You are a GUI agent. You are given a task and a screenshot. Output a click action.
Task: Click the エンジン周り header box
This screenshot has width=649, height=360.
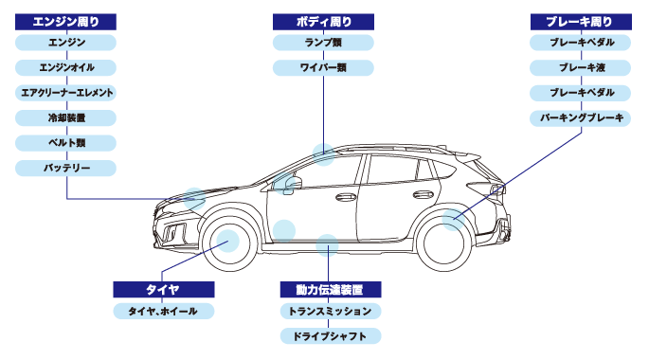65,22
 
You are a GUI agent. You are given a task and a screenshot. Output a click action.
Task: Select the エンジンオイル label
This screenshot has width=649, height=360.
65,68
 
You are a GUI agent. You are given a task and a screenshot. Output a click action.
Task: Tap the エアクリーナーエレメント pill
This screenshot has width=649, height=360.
65,93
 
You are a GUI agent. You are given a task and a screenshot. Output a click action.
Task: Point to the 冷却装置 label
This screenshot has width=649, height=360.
65,117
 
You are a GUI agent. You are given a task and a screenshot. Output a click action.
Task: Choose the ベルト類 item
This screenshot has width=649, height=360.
65,143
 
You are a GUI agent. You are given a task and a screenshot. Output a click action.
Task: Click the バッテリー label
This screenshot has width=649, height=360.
65,169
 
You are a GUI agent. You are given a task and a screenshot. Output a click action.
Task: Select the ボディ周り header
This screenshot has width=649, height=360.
323,22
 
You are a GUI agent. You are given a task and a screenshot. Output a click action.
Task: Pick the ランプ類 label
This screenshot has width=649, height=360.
323,43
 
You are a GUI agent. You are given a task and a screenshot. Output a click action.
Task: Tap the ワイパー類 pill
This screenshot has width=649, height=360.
323,68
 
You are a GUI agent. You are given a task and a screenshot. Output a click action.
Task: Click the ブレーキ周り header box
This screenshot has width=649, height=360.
581,22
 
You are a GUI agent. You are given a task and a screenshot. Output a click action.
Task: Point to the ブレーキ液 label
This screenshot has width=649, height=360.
580,68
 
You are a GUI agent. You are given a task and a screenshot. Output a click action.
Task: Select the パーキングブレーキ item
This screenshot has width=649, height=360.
580,117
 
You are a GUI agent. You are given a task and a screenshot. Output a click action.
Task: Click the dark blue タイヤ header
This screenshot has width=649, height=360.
164,290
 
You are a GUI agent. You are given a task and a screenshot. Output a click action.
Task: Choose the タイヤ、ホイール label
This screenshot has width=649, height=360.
164,311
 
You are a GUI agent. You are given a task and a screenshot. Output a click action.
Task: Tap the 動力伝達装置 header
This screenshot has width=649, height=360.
331,290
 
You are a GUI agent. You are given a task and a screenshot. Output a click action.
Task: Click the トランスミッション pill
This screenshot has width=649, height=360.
331,311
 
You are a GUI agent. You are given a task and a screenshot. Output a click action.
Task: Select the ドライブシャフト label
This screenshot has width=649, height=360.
331,336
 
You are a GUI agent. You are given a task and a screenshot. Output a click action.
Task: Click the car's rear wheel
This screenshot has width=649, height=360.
444,243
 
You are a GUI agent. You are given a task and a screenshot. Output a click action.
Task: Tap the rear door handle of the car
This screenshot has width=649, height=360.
423,194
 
